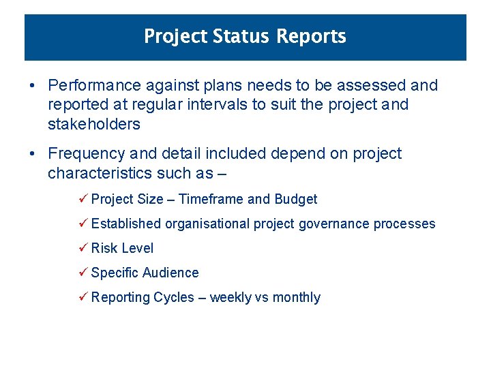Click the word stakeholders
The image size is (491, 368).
pyautogui.click(x=94, y=124)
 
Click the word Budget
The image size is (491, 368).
pyautogui.click(x=295, y=199)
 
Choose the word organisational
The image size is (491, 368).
pyautogui.click(x=207, y=224)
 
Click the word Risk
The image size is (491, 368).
pyautogui.click(x=104, y=248)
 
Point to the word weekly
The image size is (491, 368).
pyautogui.click(x=230, y=297)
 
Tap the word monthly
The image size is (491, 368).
pyautogui.click(x=296, y=297)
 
